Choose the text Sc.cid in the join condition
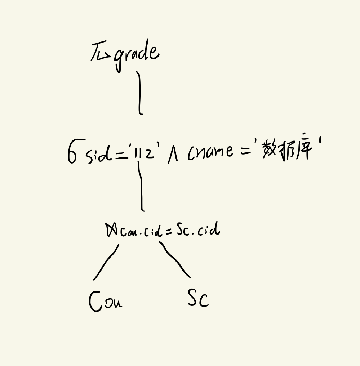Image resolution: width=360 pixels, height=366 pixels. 198,230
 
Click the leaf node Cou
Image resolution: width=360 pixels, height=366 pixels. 105,301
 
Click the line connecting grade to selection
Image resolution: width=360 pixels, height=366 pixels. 139,93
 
